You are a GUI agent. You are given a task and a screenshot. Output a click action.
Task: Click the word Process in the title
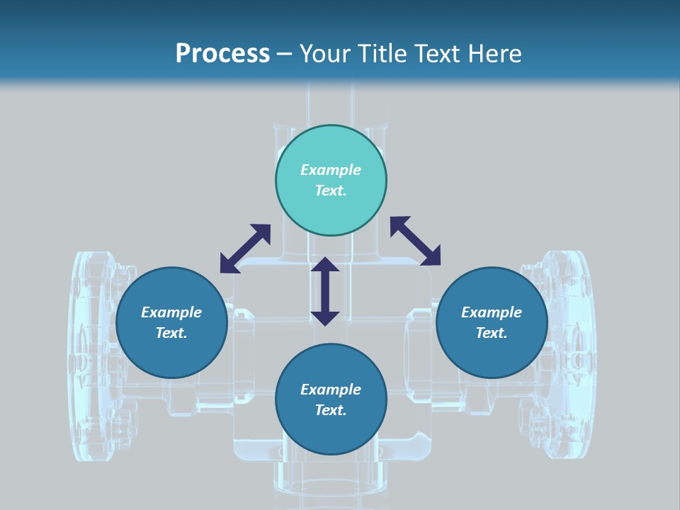coord(222,54)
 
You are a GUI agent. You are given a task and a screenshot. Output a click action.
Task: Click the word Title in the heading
coord(379,54)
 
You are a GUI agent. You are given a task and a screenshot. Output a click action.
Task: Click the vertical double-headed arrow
coord(325,291)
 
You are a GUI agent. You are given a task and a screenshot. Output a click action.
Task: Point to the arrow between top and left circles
coord(245,248)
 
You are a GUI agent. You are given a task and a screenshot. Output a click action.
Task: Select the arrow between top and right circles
coord(415,241)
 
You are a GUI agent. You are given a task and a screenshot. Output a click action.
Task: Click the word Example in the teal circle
coord(331,170)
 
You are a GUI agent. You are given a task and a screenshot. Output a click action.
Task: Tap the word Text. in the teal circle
coord(331,191)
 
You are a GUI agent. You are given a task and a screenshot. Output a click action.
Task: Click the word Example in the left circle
coord(171,312)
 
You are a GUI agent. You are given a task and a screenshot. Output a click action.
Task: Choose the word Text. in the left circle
coord(171,333)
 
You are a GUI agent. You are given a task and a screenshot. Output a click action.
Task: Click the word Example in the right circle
coord(492,312)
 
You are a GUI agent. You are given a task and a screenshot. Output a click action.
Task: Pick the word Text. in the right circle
coord(492,333)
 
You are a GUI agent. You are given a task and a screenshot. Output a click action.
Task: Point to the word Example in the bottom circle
coord(331,390)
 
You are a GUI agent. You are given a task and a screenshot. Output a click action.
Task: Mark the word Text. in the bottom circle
coord(331,410)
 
